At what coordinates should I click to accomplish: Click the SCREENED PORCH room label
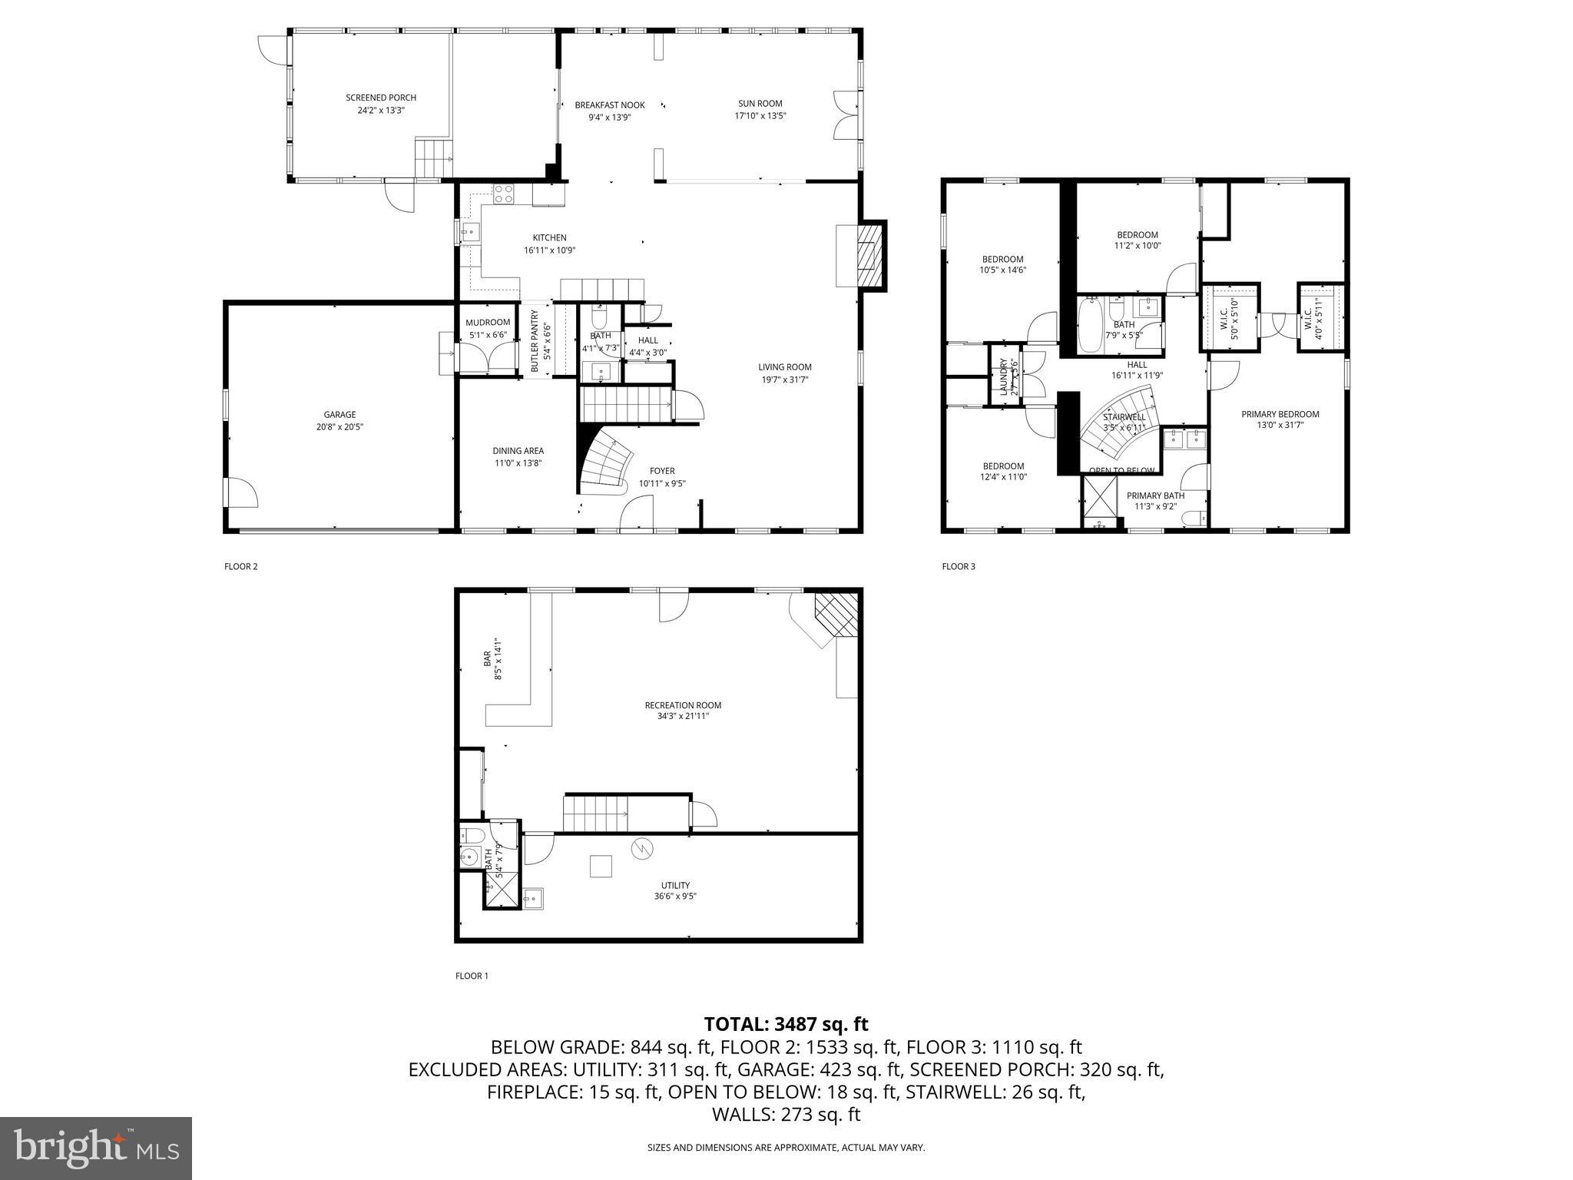[381, 98]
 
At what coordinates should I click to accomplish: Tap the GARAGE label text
[339, 415]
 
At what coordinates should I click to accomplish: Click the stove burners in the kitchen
[504, 194]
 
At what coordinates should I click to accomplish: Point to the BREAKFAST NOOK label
[610, 105]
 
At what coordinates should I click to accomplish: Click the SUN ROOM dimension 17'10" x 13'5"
[760, 116]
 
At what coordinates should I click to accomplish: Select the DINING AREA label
[518, 451]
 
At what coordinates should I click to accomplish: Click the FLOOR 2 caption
[241, 567]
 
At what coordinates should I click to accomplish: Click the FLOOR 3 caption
[959, 567]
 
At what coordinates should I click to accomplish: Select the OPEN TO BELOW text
[1121, 471]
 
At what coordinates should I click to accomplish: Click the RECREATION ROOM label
[683, 705]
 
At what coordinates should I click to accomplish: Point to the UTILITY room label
[675, 885]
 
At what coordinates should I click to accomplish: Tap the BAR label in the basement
[487, 658]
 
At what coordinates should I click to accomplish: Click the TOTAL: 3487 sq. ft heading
[786, 1024]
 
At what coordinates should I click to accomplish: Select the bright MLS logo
[96, 1148]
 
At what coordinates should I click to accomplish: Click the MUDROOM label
[488, 322]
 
